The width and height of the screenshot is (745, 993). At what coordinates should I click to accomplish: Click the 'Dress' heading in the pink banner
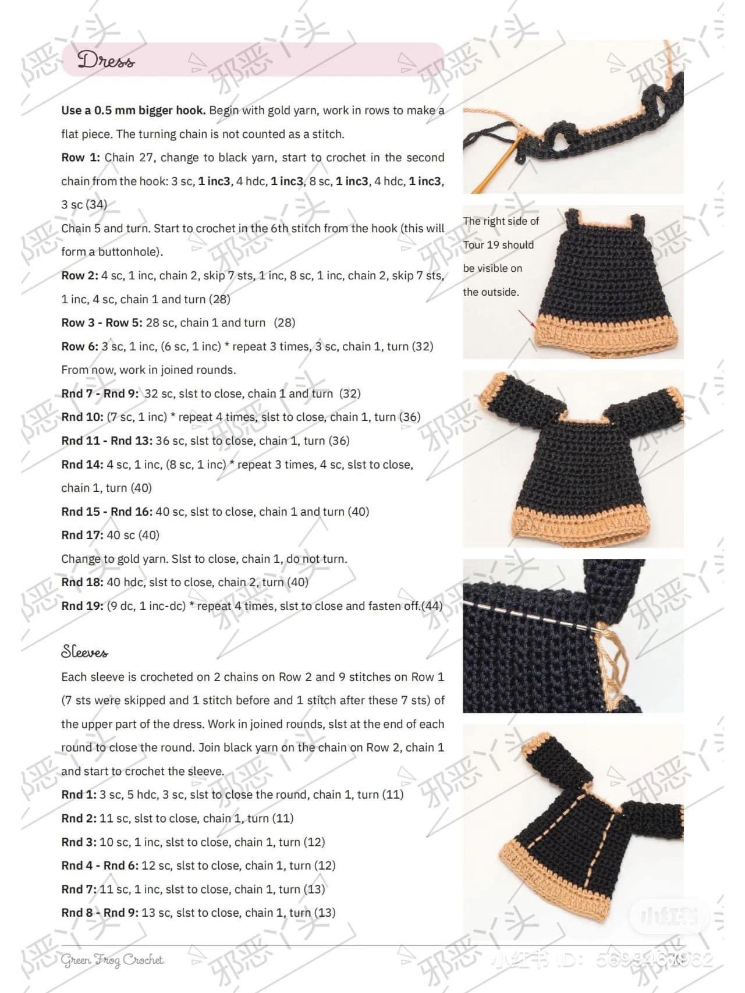pos(106,60)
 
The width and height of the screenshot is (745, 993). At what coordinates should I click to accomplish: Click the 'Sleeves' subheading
pos(84,652)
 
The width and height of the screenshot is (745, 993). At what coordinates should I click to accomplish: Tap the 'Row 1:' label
pos(80,158)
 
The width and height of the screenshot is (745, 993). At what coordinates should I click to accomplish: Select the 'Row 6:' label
pos(80,346)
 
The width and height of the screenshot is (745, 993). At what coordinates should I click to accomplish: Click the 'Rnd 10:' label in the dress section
pos(82,417)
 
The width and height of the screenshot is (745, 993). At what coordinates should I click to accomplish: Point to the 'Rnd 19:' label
pos(82,606)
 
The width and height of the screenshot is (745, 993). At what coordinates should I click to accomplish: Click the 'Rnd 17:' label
pos(82,535)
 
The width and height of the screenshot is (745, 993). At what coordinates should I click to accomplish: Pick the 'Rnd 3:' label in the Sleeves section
pos(79,842)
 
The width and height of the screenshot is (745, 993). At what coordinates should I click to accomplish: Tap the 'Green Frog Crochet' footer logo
pos(112,960)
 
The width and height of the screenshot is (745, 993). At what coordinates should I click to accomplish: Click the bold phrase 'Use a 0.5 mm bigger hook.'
pos(133,110)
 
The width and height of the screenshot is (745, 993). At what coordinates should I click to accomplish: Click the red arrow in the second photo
pos(526,320)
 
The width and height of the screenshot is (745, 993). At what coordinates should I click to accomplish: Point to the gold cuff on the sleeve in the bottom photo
pos(536,745)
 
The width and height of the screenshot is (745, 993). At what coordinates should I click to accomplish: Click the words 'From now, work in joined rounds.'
pos(148,370)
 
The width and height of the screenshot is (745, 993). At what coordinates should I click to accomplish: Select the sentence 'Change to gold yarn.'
pos(115,559)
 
